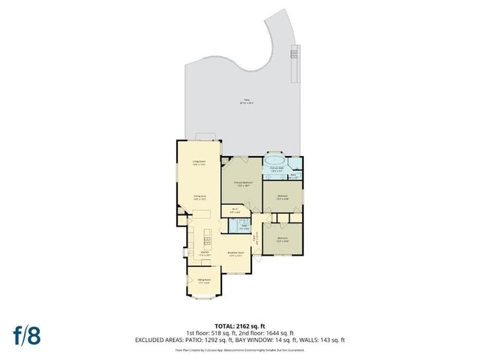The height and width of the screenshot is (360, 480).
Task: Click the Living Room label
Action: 199,163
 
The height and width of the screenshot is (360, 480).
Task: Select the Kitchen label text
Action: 193,253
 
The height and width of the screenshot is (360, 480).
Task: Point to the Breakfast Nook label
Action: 238,255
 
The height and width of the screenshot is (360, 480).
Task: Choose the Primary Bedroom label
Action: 241,183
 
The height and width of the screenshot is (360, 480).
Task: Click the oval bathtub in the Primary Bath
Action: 275,160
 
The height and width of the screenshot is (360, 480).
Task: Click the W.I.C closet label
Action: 235,210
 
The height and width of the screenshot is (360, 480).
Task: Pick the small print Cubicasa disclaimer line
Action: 239,349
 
